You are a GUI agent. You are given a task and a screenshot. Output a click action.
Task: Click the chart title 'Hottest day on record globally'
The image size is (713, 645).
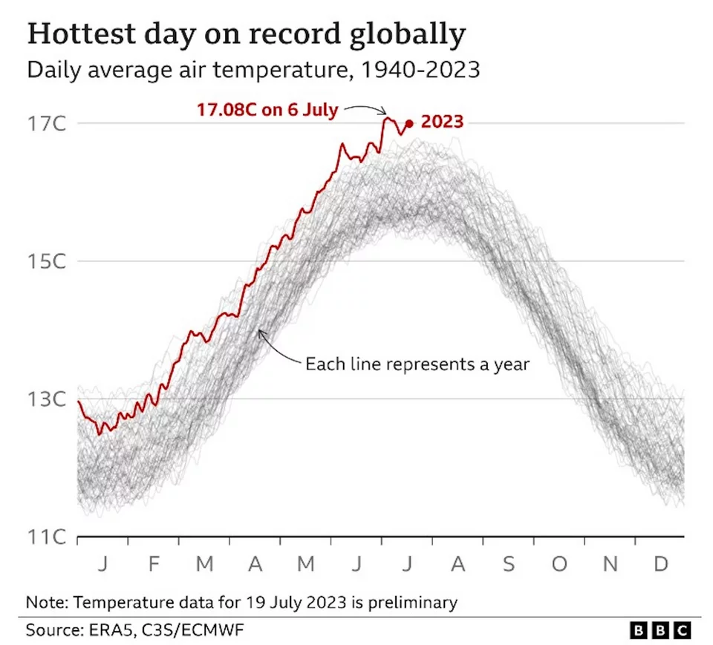(x=247, y=34)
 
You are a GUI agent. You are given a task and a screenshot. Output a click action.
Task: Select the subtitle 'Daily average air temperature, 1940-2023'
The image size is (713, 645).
(x=253, y=71)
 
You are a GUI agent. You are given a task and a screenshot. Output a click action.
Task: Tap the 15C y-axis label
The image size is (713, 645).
(x=48, y=261)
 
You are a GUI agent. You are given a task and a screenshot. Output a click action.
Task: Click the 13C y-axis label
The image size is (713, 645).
(x=48, y=399)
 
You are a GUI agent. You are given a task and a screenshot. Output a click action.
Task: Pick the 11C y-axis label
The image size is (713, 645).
(x=48, y=537)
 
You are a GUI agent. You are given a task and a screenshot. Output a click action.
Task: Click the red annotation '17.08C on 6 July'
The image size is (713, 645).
(x=267, y=110)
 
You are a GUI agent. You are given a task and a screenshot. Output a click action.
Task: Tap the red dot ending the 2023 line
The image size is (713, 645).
(x=409, y=123)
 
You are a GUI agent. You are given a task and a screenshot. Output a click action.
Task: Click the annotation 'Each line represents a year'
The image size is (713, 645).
(x=417, y=364)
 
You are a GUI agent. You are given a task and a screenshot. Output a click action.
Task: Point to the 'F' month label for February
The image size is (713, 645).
(x=154, y=565)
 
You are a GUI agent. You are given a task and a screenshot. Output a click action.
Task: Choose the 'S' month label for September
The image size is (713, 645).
(x=509, y=565)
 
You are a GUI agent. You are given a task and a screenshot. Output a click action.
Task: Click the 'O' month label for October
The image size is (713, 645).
(x=559, y=565)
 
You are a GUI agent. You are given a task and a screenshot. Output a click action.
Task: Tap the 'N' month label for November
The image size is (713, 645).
(x=610, y=565)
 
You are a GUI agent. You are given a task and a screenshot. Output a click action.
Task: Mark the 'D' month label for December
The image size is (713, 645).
(x=660, y=565)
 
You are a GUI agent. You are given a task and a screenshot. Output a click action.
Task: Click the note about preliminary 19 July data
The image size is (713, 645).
(x=241, y=602)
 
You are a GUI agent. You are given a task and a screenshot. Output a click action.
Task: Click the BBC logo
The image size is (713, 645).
(x=660, y=630)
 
